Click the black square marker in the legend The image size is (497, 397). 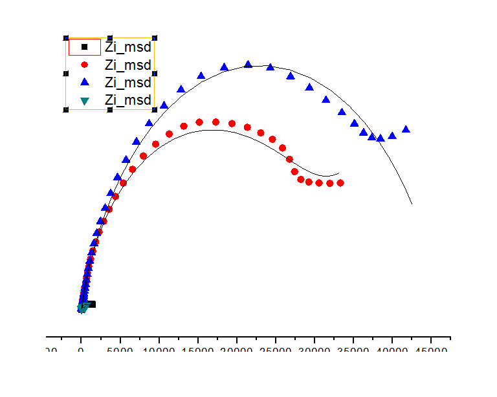pos(84,47)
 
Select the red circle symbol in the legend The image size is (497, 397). pos(84,65)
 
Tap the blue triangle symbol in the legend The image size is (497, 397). pos(84,82)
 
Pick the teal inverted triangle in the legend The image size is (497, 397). pos(84,100)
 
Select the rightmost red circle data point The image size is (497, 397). pos(340,183)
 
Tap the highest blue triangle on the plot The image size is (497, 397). pos(248,64)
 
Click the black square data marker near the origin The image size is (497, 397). pos(92,304)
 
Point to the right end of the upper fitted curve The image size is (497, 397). pos(412,204)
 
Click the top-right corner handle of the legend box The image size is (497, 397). pos(155,39)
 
